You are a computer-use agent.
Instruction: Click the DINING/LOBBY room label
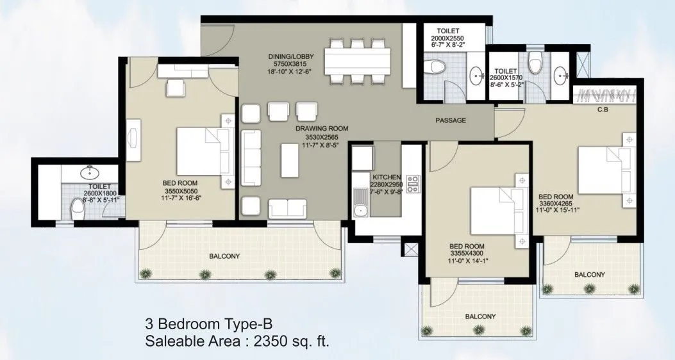(292, 56)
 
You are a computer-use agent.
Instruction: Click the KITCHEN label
(387, 177)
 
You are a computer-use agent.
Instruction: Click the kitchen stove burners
(412, 184)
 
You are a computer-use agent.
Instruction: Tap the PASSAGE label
(451, 120)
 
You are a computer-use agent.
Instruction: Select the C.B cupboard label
(603, 108)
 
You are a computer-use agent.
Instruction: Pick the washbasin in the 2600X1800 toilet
(88, 172)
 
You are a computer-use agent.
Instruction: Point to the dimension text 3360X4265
(559, 204)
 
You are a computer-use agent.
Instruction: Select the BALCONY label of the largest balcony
(224, 256)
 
